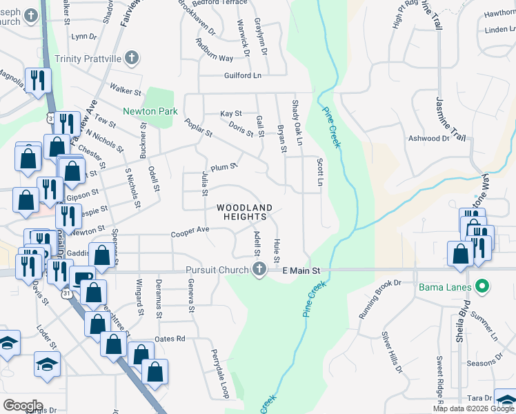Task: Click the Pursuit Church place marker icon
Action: click(x=259, y=269)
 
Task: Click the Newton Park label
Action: click(x=150, y=111)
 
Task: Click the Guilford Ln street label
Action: click(x=244, y=75)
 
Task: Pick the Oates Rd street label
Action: click(x=170, y=338)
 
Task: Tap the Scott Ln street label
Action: click(x=319, y=172)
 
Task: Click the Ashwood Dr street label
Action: click(x=428, y=139)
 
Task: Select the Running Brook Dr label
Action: click(x=379, y=299)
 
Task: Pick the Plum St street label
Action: click(x=224, y=167)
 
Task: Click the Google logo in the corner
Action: click(x=23, y=406)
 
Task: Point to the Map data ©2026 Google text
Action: click(x=473, y=408)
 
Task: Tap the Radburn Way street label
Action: click(x=213, y=59)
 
